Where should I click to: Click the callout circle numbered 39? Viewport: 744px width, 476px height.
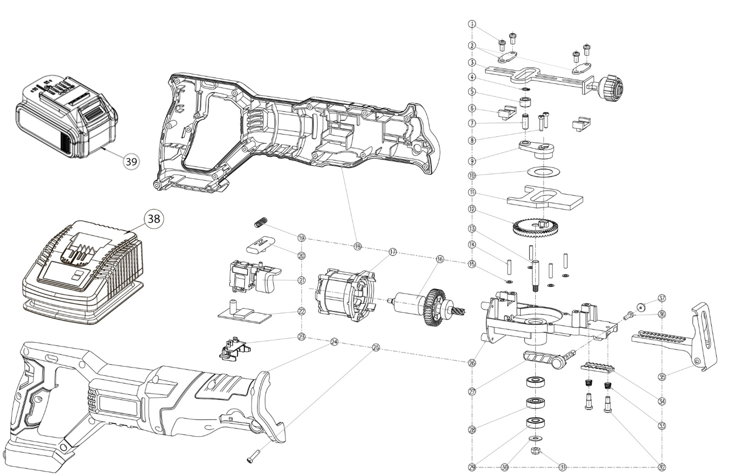click(131, 162)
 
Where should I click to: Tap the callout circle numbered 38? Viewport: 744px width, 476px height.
click(154, 219)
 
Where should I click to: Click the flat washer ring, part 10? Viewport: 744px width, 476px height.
click(539, 172)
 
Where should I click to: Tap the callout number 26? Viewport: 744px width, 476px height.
click(472, 363)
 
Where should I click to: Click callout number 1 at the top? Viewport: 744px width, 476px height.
click(472, 24)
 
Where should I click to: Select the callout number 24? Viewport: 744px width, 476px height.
click(334, 342)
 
